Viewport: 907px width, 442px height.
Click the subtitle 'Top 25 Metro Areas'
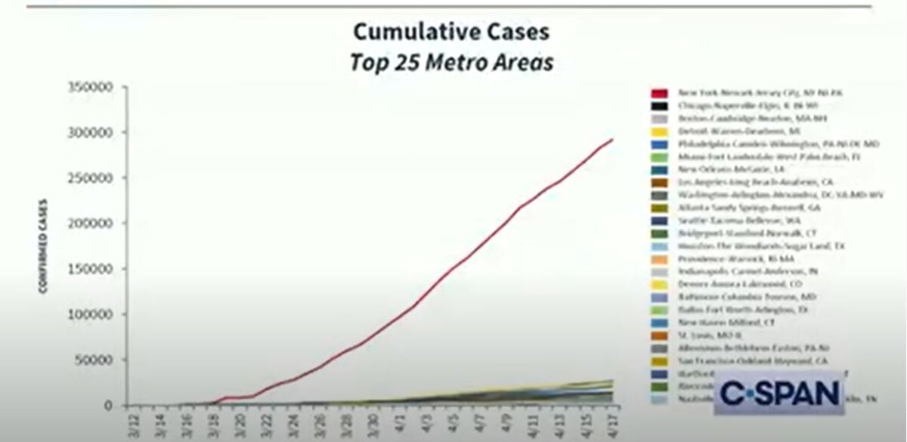(450, 61)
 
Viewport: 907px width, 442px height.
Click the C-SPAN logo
(779, 393)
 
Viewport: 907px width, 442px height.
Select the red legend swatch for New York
(659, 93)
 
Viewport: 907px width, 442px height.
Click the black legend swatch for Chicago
(659, 106)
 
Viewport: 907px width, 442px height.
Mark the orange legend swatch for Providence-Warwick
(659, 259)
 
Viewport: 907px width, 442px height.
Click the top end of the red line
(611, 140)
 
